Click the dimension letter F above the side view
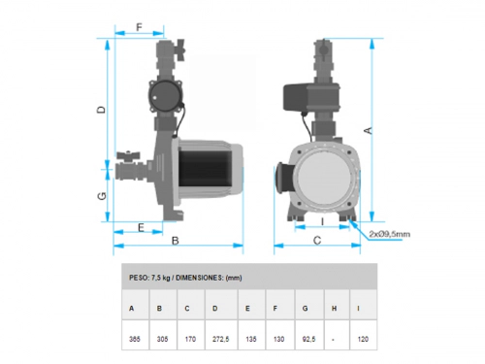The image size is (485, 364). pos(139,27)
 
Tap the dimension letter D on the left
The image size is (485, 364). pos(102,110)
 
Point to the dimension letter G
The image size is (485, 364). pos(102,196)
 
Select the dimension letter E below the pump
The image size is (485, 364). pos(141,228)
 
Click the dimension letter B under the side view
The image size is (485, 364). pos(176,241)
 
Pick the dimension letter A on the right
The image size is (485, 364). pos(369,130)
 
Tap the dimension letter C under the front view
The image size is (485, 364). pos(317,241)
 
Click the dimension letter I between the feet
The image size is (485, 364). pos(322,222)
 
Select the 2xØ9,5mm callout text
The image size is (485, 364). pos(390,234)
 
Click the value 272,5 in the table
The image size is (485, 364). pos(221,339)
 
